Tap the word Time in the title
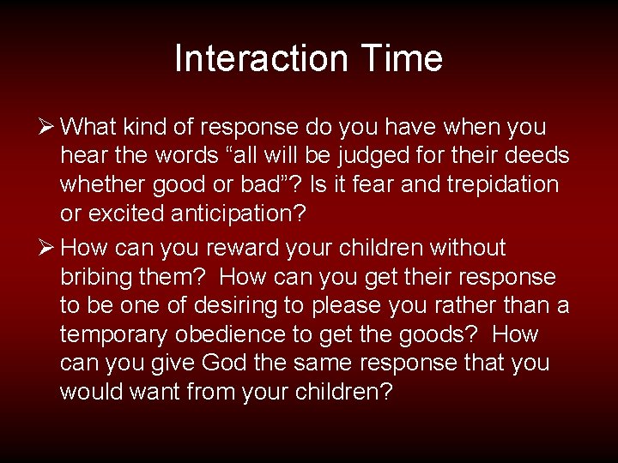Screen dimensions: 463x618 tap(401, 59)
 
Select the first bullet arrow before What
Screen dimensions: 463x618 tap(48, 128)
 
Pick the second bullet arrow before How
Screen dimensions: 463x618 tap(48, 249)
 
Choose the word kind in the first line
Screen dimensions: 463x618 tap(149, 128)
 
